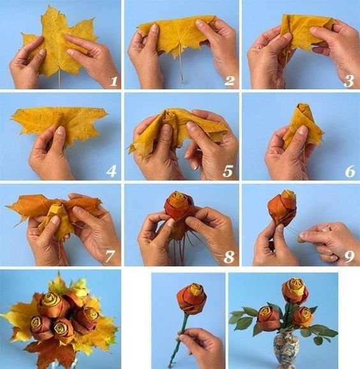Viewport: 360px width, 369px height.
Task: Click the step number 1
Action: pyautogui.click(x=114, y=81)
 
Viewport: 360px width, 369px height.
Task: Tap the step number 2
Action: pyautogui.click(x=229, y=80)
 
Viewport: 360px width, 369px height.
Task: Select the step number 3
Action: pyautogui.click(x=349, y=81)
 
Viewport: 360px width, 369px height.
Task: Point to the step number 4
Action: pyautogui.click(x=111, y=171)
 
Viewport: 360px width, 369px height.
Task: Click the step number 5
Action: pyautogui.click(x=228, y=171)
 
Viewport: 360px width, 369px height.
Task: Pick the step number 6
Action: pyautogui.click(x=350, y=171)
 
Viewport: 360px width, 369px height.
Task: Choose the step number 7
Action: pyautogui.click(x=110, y=257)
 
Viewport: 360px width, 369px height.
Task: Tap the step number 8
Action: pyautogui.click(x=229, y=257)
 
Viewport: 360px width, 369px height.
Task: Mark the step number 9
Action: pyautogui.click(x=349, y=257)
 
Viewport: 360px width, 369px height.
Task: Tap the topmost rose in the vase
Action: pyautogui.click(x=295, y=290)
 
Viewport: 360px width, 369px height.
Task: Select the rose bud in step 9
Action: pyautogui.click(x=282, y=207)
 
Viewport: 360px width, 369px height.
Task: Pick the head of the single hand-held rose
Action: pyautogui.click(x=191, y=298)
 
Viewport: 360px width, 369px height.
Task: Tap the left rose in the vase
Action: pyautogui.click(x=269, y=318)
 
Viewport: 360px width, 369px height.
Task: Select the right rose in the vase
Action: pyautogui.click(x=303, y=317)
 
